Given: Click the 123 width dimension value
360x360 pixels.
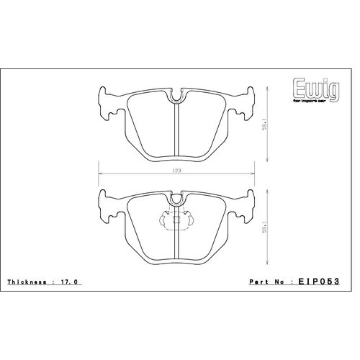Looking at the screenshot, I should click(176, 171).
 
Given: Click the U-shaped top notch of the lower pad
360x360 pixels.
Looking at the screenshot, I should click(176, 196).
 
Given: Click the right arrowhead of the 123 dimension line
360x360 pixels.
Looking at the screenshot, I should click(253, 174).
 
